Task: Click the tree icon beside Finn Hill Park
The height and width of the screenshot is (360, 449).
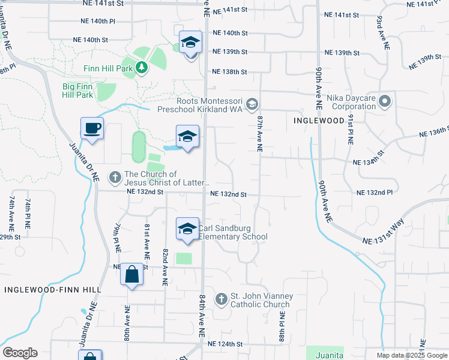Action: click(142, 67)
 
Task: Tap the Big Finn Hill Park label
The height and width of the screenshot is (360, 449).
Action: click(78, 91)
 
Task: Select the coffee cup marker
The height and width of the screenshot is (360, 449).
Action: click(92, 129)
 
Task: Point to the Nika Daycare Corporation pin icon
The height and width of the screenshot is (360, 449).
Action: click(385, 101)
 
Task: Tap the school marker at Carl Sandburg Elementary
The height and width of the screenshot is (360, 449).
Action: click(188, 229)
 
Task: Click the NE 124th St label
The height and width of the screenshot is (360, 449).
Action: click(224, 344)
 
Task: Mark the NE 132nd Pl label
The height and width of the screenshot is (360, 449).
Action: click(374, 193)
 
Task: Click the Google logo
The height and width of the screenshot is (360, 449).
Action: click(20, 353)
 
